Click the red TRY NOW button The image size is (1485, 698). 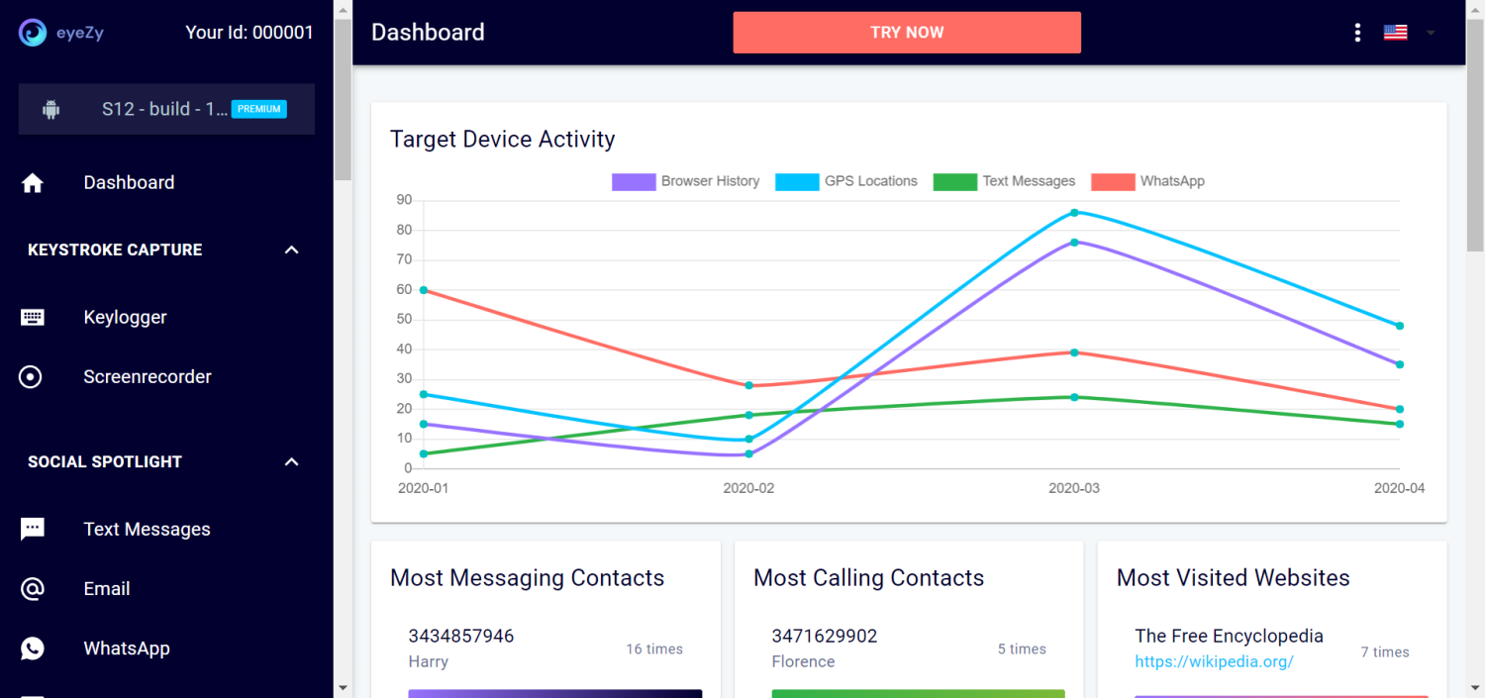[906, 33]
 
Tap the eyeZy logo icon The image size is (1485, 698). [32, 32]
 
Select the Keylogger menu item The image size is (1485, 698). [125, 317]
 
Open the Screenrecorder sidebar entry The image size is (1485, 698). [147, 376]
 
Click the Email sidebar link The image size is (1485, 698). [107, 588]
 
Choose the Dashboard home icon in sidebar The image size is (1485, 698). [33, 183]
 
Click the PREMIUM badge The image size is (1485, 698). [259, 109]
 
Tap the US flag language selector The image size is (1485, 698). [1395, 33]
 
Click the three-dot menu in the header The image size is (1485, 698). [1357, 33]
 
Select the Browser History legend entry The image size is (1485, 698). [685, 181]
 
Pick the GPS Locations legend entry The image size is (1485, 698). [846, 181]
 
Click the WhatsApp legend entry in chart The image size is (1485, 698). [1148, 181]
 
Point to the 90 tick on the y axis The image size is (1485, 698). [404, 200]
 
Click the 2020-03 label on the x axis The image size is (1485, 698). [1074, 488]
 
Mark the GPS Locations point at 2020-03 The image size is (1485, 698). [1074, 213]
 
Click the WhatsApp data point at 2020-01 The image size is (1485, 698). [424, 290]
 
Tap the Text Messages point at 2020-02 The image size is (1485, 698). [749, 415]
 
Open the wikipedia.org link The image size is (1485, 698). [1214, 661]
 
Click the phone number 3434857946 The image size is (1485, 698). [461, 636]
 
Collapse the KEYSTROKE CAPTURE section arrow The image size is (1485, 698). [291, 249]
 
